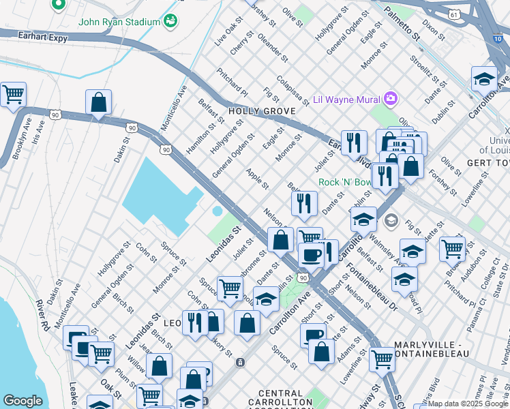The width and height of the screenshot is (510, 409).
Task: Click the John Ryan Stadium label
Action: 119,21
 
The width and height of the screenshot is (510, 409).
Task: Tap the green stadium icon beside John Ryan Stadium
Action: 170,20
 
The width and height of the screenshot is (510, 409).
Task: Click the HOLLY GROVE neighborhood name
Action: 261,110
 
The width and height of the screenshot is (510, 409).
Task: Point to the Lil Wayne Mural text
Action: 346,100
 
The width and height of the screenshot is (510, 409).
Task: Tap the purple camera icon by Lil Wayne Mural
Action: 390,99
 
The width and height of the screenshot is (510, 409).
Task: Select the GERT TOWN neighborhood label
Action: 487,164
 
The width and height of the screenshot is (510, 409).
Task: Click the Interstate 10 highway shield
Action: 494,39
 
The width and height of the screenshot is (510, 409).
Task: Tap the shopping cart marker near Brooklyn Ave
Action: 13,95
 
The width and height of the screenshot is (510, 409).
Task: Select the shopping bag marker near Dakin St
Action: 99,103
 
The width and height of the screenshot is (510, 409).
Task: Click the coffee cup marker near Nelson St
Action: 312,255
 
